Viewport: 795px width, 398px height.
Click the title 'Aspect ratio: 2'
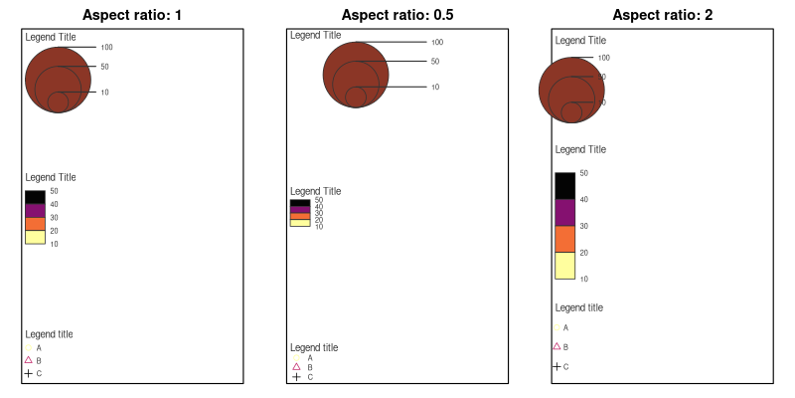(662, 15)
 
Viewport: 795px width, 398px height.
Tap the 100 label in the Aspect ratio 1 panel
(106, 47)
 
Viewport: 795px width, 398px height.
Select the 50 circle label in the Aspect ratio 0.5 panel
(434, 62)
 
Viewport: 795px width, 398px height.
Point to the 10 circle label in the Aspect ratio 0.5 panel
(434, 88)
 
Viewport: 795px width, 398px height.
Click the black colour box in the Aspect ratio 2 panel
(564, 186)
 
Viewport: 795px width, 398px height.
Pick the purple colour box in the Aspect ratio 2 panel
(564, 213)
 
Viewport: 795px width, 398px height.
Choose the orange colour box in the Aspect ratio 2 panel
(564, 239)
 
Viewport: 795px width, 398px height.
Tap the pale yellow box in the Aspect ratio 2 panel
(564, 266)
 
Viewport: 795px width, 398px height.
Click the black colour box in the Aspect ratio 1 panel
(35, 197)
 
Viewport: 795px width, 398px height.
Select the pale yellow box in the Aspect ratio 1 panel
(35, 237)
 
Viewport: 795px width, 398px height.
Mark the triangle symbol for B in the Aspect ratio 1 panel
(29, 360)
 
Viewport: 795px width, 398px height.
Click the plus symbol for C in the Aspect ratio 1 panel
(29, 373)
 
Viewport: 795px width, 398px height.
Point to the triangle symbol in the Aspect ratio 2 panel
(556, 346)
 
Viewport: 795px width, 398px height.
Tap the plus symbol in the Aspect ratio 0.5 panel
(296, 377)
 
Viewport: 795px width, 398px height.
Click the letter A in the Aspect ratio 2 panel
(565, 327)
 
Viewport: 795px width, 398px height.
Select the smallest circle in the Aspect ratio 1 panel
(58, 101)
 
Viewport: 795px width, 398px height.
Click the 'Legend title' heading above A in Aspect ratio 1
(49, 334)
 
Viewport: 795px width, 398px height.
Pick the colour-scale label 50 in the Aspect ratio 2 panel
(583, 173)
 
